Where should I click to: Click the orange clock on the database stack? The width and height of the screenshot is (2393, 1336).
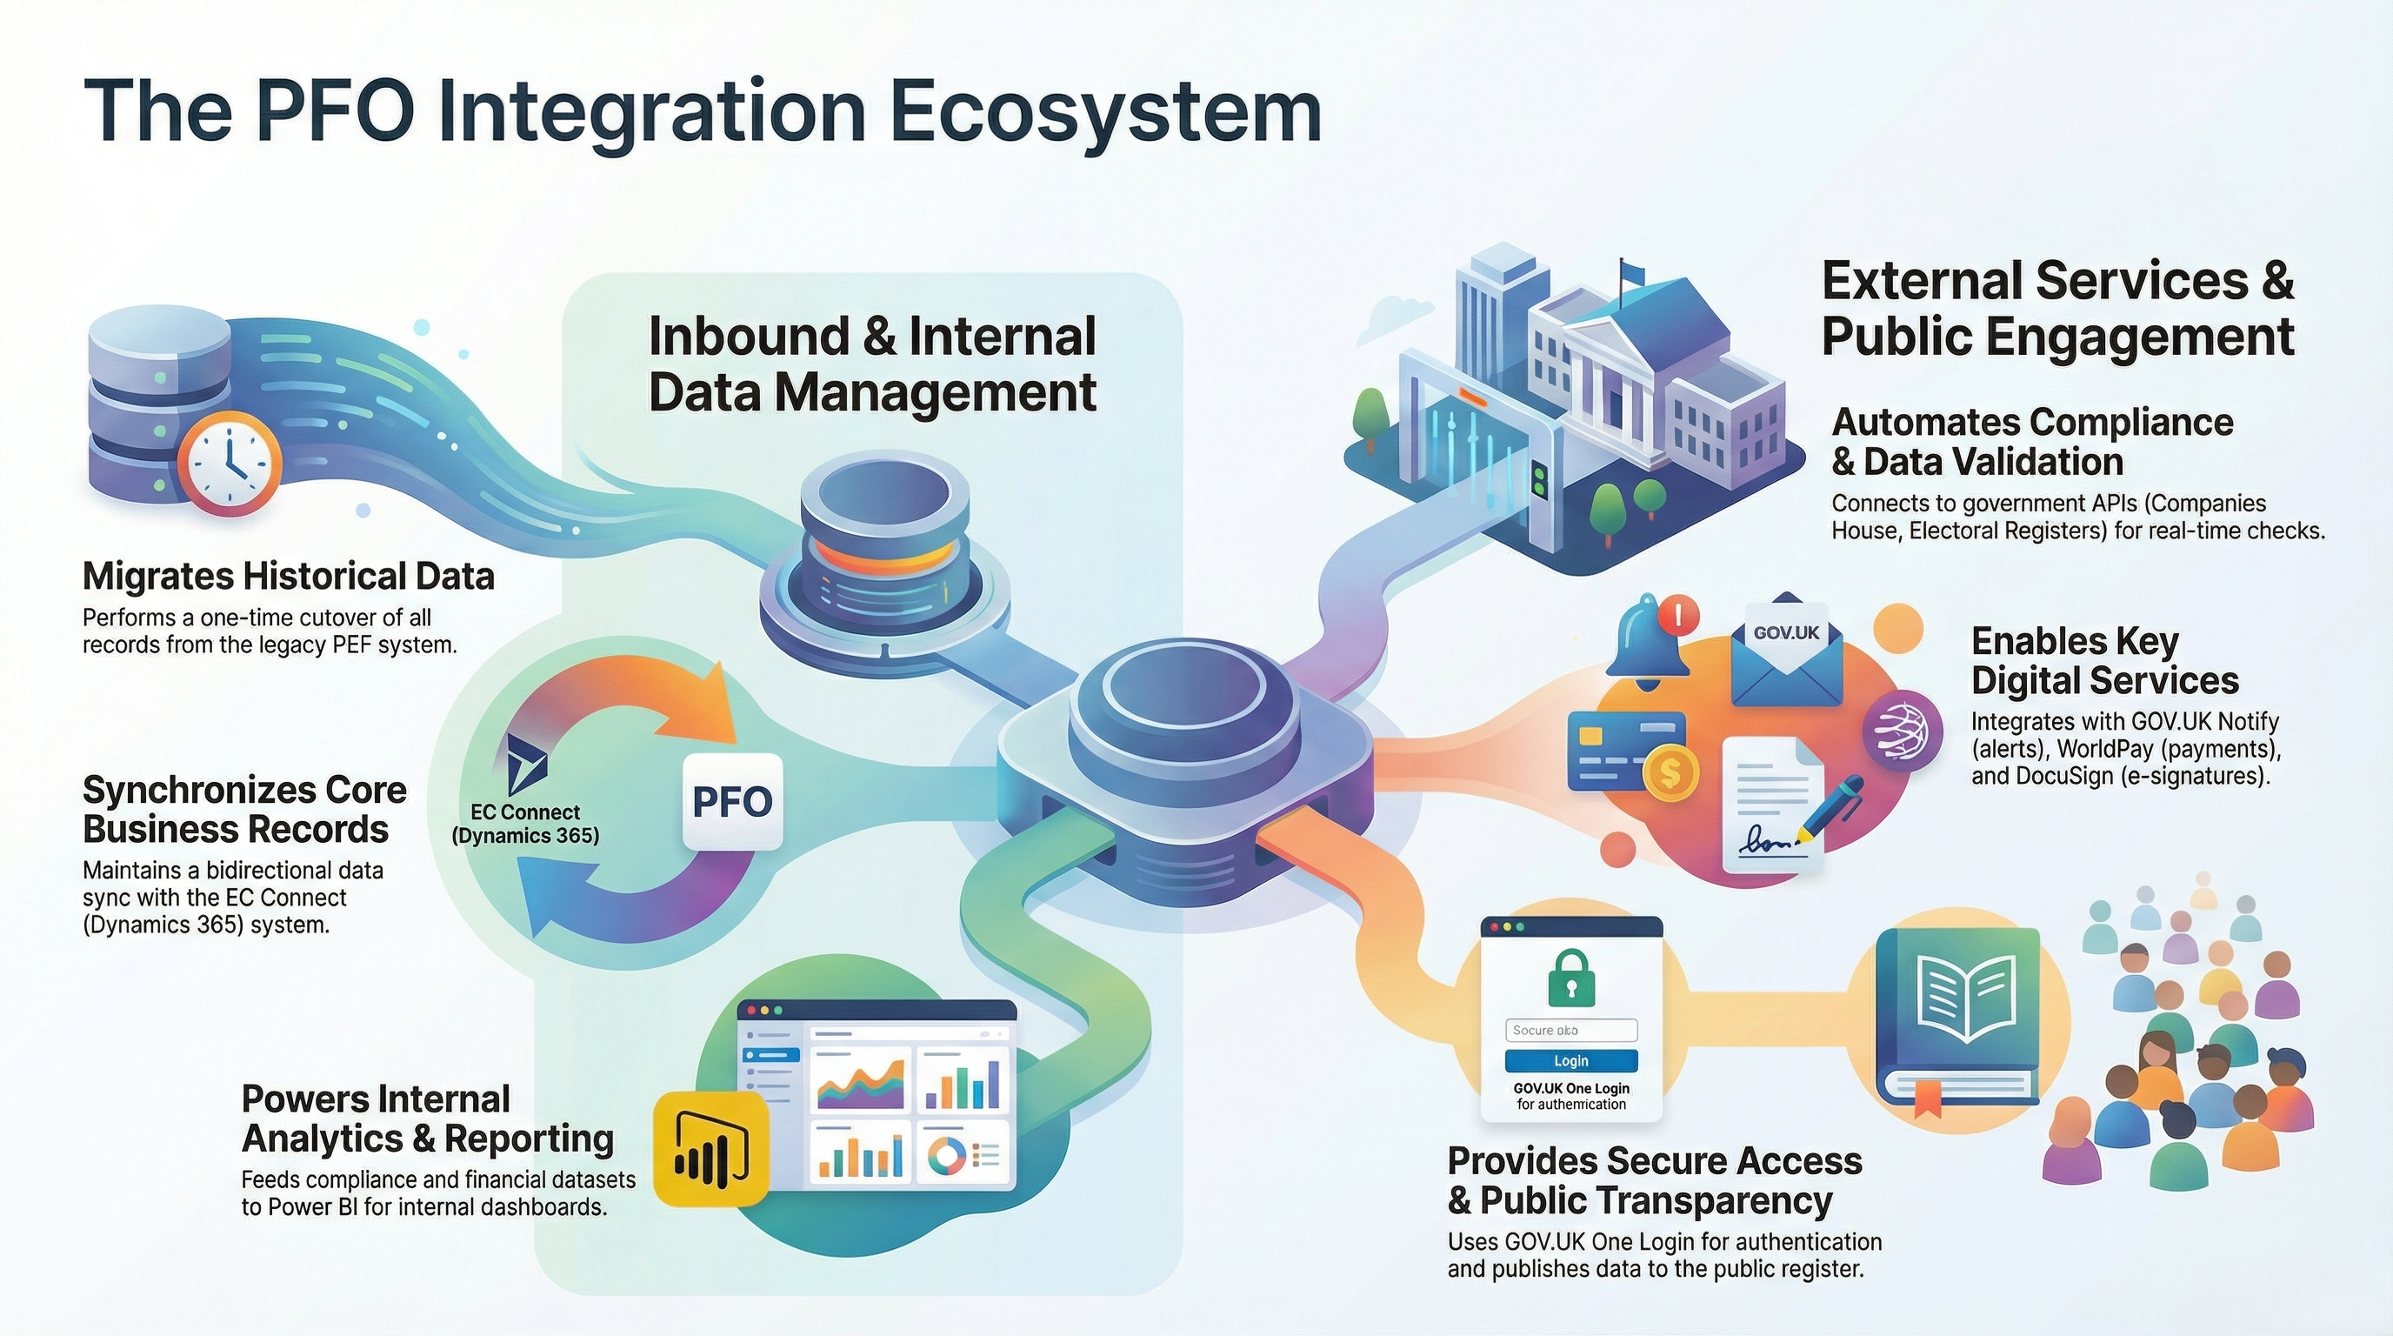tap(229, 463)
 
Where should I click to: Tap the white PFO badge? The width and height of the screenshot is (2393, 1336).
tap(733, 802)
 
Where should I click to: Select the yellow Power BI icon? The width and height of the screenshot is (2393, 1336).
tap(711, 1148)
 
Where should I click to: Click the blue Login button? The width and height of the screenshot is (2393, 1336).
tap(1571, 1061)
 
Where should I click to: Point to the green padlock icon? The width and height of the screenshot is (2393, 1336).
tap(1571, 978)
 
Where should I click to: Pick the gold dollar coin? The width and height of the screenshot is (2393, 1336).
tap(1670, 772)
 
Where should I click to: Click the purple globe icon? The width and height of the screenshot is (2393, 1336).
tap(1901, 732)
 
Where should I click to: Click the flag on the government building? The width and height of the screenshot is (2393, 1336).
tap(1631, 271)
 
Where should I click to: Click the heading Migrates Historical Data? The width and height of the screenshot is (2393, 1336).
tap(288, 576)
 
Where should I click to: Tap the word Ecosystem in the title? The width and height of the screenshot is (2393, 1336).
tap(1104, 113)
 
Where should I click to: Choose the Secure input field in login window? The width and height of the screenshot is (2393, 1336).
tap(1571, 1031)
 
